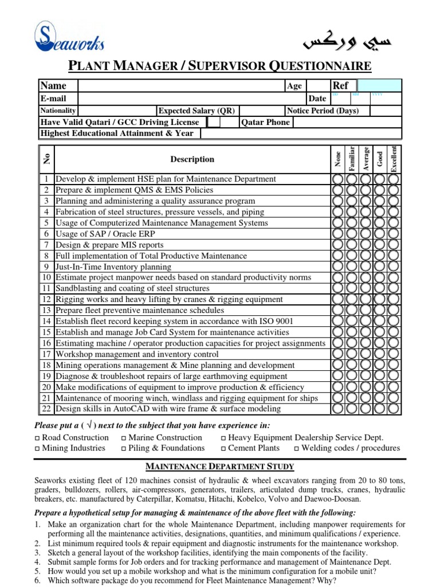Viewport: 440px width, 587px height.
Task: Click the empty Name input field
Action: click(x=180, y=86)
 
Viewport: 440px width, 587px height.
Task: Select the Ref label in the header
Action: click(x=340, y=86)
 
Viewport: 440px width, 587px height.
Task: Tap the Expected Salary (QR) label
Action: click(x=196, y=111)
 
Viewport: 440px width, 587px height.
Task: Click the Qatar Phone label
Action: click(x=266, y=122)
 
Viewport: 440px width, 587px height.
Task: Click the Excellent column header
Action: click(x=394, y=159)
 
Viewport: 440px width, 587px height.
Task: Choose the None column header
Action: click(x=338, y=159)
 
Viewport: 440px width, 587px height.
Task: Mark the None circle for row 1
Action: click(x=338, y=179)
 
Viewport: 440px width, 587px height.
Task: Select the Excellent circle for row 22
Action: click(x=394, y=409)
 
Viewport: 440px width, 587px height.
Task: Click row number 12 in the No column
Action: click(x=46, y=299)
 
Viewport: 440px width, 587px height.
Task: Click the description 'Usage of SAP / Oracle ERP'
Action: click(x=105, y=234)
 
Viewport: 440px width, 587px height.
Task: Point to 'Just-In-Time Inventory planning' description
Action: click(x=113, y=267)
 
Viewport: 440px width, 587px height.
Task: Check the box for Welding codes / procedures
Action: click(x=297, y=449)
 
